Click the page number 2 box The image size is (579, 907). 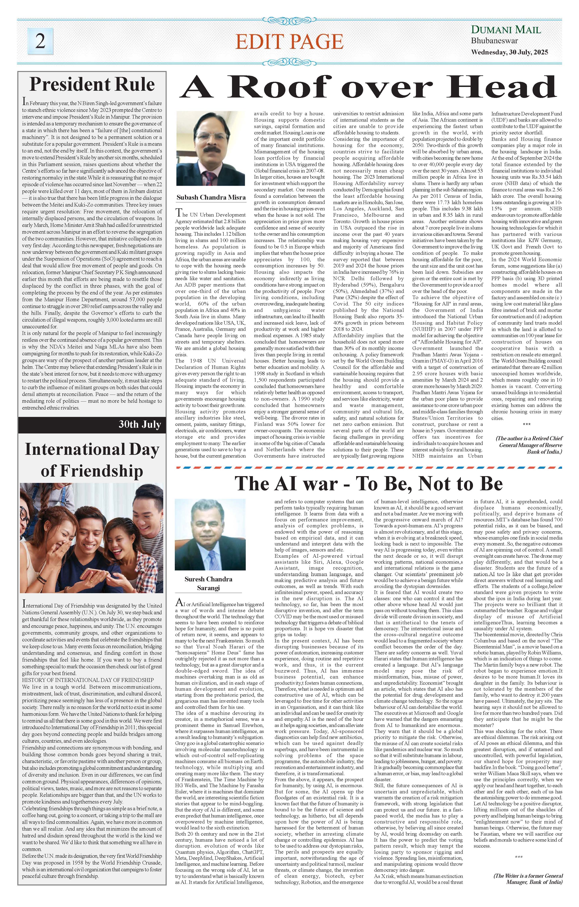click(40, 41)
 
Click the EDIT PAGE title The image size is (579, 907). click(289, 41)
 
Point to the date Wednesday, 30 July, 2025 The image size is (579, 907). click(509, 52)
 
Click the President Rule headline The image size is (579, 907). click(92, 84)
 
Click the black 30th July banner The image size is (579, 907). click(92, 424)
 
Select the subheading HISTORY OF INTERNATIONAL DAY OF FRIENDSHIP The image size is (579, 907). click(88, 680)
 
